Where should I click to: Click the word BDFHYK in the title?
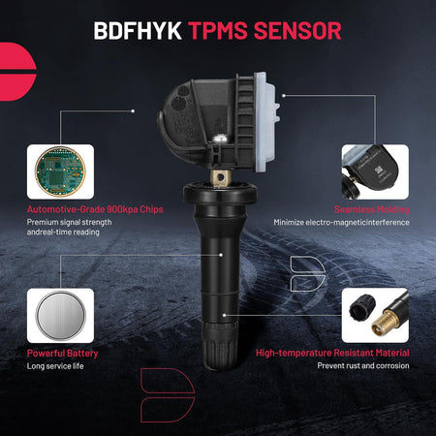click(138, 31)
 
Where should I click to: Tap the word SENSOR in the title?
click(297, 31)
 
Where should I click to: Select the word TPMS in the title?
click(218, 31)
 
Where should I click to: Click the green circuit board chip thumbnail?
click(60, 171)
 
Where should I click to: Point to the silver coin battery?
click(60, 316)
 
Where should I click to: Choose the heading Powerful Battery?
click(62, 354)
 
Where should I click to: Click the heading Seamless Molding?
click(372, 209)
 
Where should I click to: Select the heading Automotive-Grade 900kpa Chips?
click(95, 209)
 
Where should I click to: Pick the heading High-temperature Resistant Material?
click(332, 353)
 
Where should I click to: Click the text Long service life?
click(55, 366)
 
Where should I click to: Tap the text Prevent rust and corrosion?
click(363, 366)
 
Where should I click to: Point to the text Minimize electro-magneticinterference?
click(341, 223)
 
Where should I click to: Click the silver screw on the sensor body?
click(219, 139)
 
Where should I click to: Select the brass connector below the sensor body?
click(221, 177)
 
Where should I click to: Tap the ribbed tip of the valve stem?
click(220, 346)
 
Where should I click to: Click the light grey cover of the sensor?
click(265, 121)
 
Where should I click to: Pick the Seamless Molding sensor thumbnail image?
click(375, 171)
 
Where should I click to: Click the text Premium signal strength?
click(70, 222)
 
